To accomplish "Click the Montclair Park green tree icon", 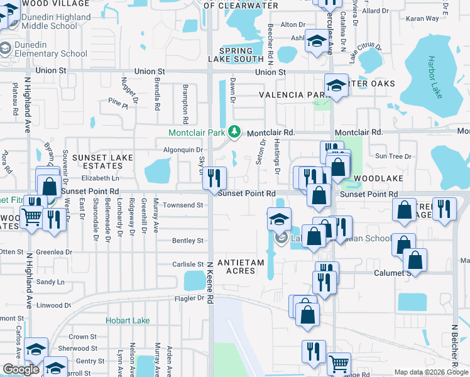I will coord(234,132).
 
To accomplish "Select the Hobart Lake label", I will coord(128,320).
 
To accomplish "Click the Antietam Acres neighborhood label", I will coord(236,266).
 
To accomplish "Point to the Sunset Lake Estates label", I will coord(97,161).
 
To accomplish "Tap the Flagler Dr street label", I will coord(192,298).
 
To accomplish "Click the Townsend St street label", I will coord(183,205).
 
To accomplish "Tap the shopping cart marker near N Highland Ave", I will coord(32,217).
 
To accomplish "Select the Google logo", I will coord(21,369).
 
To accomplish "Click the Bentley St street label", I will coord(187,241).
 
